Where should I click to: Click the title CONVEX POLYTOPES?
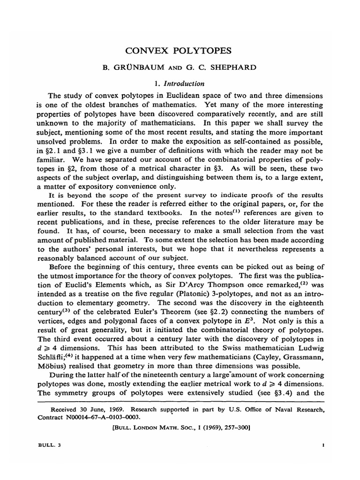(x=180, y=50)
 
